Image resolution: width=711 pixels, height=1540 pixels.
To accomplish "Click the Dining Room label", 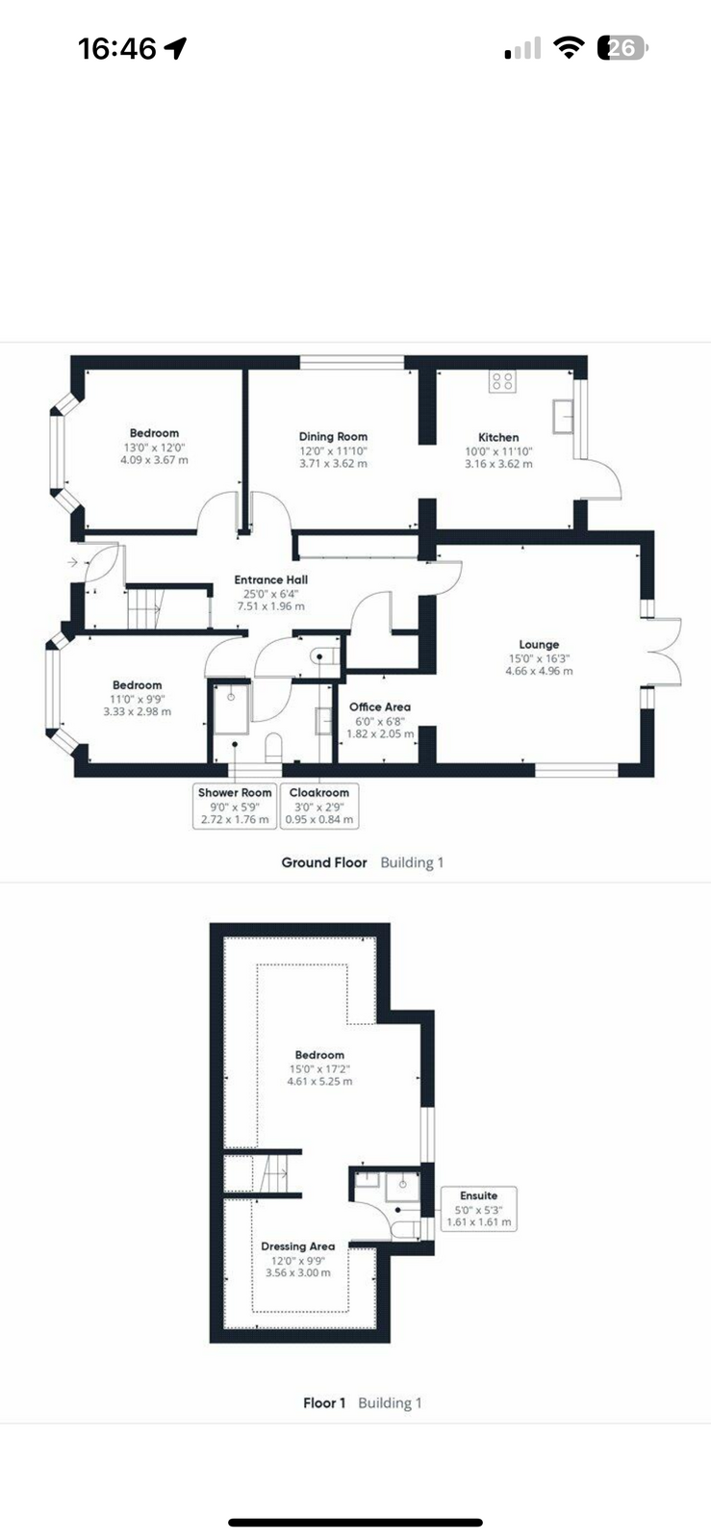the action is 333,436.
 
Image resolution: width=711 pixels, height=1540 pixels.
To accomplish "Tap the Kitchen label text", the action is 498,437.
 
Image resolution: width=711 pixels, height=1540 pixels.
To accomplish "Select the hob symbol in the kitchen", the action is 503,381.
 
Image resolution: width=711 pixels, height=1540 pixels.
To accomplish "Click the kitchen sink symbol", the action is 563,416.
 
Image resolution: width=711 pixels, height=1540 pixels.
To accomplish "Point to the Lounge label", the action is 539,645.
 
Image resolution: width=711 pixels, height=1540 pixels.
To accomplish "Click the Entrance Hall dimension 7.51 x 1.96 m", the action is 270,606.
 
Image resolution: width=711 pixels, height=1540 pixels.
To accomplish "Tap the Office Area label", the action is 380,706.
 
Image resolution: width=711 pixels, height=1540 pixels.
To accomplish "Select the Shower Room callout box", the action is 235,806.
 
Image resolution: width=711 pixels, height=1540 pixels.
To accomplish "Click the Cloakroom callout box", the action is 319,806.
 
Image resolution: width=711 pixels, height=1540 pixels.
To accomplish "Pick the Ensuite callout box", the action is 479,1209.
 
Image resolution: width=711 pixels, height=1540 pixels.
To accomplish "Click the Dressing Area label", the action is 298,1246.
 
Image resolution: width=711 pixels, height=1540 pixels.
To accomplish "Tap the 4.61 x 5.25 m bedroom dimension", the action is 319,1082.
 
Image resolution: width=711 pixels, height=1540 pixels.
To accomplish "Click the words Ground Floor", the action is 324,862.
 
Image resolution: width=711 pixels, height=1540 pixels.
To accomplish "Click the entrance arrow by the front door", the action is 73,562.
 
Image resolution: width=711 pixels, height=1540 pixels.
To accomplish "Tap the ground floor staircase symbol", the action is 144,607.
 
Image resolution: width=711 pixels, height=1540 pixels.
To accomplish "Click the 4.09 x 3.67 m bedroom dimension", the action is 154,460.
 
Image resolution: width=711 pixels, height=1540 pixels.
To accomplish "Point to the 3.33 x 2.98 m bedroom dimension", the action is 138,711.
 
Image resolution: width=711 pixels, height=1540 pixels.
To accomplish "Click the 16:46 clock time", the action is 116,49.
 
